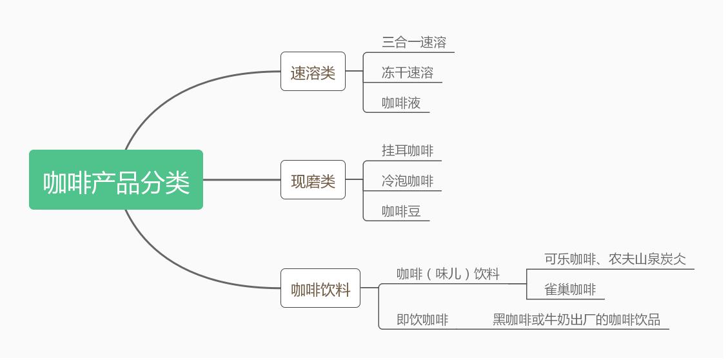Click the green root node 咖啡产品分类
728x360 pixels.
tap(116, 180)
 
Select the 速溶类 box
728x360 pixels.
tap(313, 72)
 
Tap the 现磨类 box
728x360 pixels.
tap(313, 180)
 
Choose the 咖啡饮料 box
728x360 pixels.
tap(320, 288)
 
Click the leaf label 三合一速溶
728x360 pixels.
tap(414, 43)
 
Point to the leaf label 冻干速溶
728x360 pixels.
tap(408, 73)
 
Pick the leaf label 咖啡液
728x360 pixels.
tap(401, 103)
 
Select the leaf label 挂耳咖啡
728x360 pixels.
tap(408, 151)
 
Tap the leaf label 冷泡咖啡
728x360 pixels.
tap(408, 181)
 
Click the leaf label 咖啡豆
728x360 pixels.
tap(401, 212)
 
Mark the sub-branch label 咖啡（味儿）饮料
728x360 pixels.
tap(448, 274)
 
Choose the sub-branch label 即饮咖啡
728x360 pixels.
tap(422, 320)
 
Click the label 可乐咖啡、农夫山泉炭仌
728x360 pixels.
tap(615, 259)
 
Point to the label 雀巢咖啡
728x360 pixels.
tap(570, 290)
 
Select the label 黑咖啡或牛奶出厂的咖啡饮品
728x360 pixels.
tap(576, 320)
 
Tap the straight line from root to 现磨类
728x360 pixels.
tap(242, 180)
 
